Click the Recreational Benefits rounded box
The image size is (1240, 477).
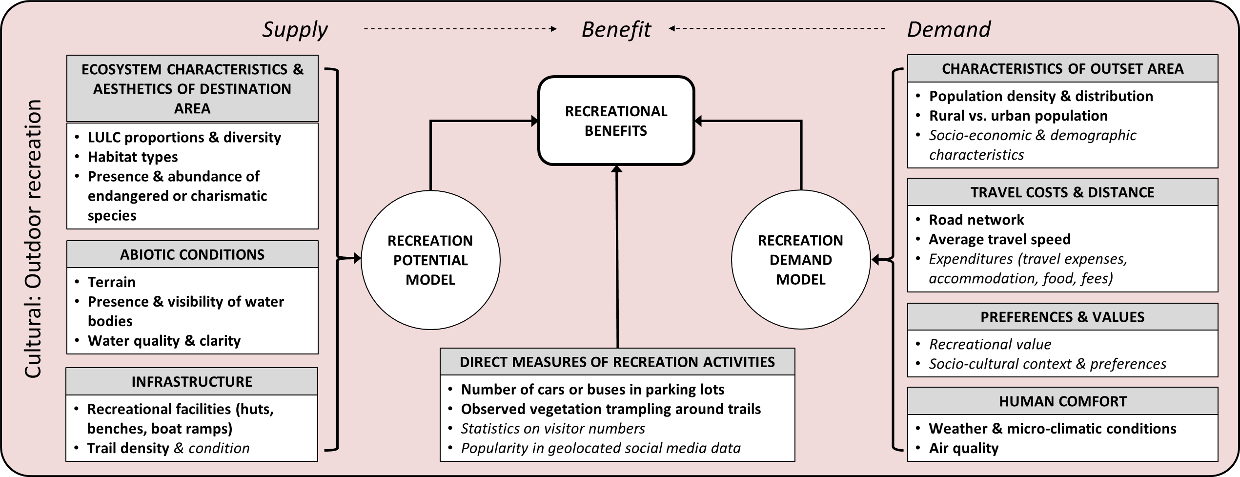(x=616, y=121)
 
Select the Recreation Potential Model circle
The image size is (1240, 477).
(x=430, y=260)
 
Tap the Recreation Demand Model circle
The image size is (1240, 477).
(x=800, y=260)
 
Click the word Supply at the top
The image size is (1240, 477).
(x=295, y=29)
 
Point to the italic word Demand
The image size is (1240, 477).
(x=948, y=29)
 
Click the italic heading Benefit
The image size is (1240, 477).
(x=616, y=29)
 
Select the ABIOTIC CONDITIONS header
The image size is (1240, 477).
(x=192, y=254)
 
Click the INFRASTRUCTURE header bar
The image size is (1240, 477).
(x=192, y=381)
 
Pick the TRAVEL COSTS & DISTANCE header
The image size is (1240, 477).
(x=1062, y=192)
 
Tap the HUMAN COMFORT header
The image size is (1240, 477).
(x=1062, y=401)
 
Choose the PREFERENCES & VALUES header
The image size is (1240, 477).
(x=1062, y=317)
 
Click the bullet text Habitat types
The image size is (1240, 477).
(x=133, y=157)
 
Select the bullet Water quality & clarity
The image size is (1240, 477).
(x=164, y=340)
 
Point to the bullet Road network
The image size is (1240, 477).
(x=976, y=220)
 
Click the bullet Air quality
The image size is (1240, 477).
(x=963, y=448)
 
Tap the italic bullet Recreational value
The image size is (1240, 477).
(x=990, y=344)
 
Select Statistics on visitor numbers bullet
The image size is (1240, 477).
(x=553, y=428)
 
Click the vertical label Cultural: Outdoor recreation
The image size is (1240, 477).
(x=33, y=239)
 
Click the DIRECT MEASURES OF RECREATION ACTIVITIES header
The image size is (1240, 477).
(x=617, y=362)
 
